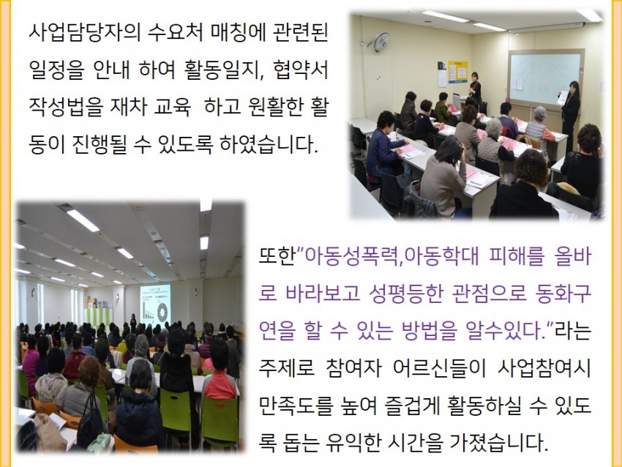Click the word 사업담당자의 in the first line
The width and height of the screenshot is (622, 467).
tap(85, 32)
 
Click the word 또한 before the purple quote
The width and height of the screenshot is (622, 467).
tap(277, 256)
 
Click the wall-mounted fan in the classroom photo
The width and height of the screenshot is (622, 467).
tap(381, 42)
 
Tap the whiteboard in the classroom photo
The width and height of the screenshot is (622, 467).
tap(546, 78)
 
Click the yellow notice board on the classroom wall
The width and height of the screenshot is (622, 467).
tap(457, 72)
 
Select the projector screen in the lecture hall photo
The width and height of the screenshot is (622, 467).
tap(155, 305)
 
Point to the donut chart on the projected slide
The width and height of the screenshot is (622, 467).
tap(162, 312)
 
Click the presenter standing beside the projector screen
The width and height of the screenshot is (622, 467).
tap(133, 323)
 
